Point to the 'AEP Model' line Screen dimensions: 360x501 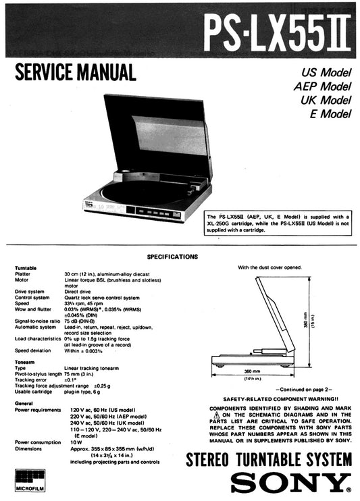(322, 86)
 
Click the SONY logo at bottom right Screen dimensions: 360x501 (291, 482)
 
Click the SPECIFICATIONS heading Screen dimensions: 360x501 (172, 257)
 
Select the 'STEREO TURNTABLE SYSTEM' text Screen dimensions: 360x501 (269, 461)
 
